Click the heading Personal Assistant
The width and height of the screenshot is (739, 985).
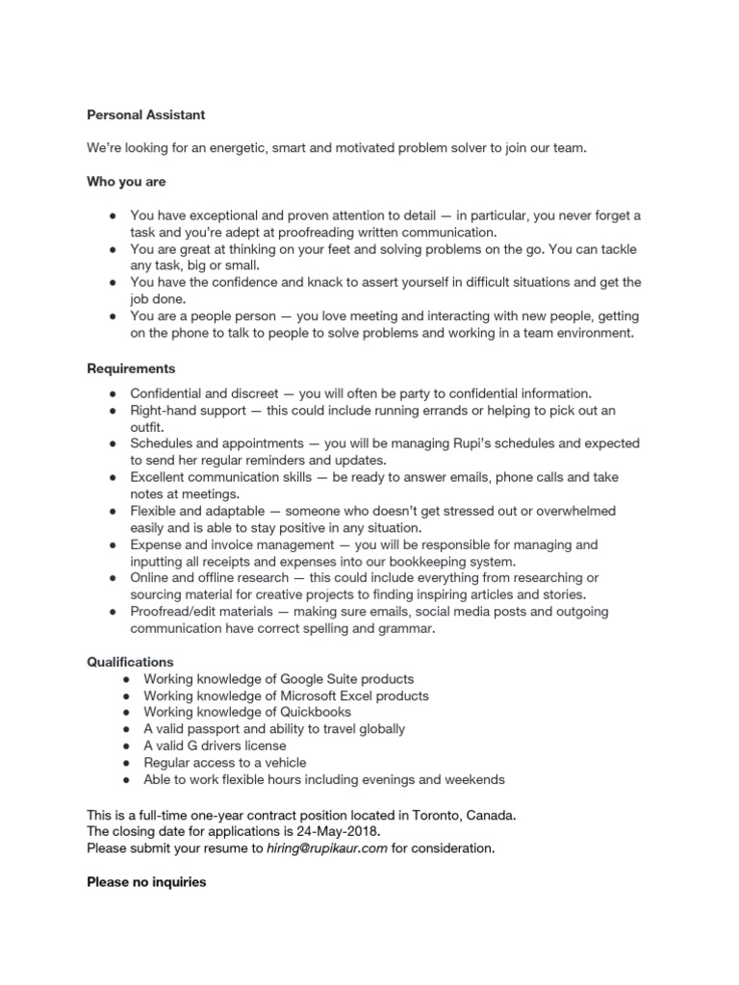(145, 114)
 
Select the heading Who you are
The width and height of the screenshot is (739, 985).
(125, 181)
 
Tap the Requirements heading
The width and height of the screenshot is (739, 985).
(131, 368)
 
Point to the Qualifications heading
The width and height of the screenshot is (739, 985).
(130, 662)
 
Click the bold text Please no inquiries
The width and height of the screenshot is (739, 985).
(146, 881)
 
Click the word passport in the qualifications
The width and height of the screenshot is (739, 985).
(217, 729)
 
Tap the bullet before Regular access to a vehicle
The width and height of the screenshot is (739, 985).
(127, 763)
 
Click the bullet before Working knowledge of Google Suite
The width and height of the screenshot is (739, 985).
(127, 679)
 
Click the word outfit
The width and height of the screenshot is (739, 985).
(147, 426)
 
